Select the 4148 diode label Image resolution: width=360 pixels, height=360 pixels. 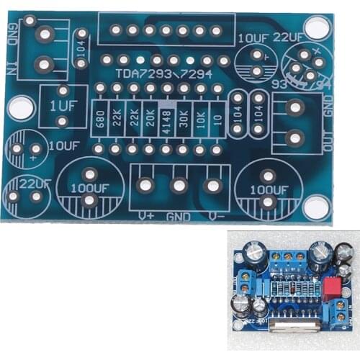click(x=167, y=118)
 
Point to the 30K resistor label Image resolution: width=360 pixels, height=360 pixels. click(x=184, y=118)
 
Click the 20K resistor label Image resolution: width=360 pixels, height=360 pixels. click(x=150, y=118)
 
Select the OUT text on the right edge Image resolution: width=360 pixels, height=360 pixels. click(x=328, y=138)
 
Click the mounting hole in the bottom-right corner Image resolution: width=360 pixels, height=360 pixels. click(x=315, y=207)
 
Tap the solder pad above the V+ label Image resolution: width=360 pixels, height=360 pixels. click(x=145, y=185)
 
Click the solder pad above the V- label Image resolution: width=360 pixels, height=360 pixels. click(x=212, y=185)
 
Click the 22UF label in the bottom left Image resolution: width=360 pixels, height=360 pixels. click(x=35, y=183)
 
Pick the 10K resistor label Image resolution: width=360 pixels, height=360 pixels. click(x=200, y=118)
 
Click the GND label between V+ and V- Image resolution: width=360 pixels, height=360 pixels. click(x=179, y=215)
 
